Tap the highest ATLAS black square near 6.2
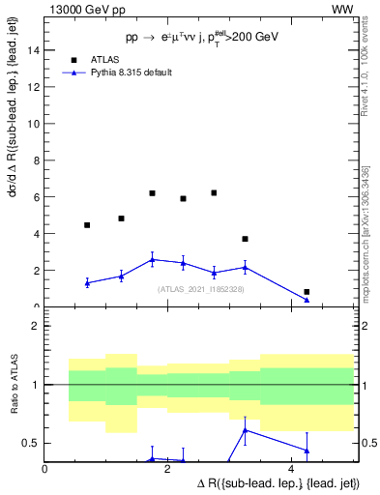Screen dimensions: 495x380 tap(153, 193)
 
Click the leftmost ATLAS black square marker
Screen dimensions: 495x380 tap(87, 225)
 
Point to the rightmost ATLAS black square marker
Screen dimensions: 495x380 tap(307, 292)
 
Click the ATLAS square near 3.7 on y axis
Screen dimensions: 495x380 tap(245, 239)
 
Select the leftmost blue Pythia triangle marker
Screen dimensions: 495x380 tap(87, 282)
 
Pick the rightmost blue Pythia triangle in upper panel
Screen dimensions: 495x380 tap(307, 300)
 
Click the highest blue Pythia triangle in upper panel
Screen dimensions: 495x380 tap(153, 259)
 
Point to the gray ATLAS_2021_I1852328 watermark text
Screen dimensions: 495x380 tap(199, 288)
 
